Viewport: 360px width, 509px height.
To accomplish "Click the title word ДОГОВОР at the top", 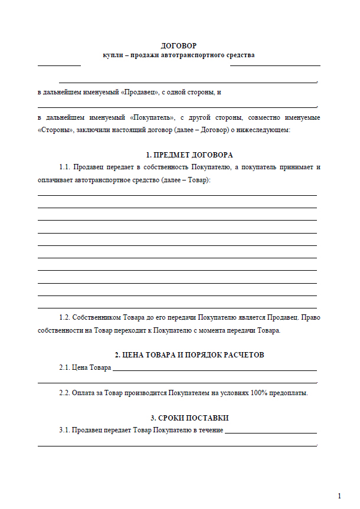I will tap(179, 45).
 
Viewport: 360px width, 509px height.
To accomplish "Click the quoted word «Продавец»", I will tap(140, 93).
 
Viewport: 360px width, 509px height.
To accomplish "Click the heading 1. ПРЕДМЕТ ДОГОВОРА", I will tap(189, 155).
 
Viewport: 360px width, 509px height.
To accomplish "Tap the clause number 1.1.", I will tap(65, 168).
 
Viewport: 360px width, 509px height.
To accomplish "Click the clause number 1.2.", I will tap(65, 318).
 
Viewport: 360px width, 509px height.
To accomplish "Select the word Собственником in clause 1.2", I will tap(98, 318).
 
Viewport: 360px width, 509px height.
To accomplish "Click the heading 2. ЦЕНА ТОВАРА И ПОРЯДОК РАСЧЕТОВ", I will tap(189, 355).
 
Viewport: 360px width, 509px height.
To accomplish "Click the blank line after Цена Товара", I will tap(214, 370).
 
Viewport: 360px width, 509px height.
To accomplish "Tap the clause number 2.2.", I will tap(65, 392).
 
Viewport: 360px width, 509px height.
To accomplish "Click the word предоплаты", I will tap(289, 392).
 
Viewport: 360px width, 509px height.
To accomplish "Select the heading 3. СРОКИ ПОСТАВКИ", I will tap(189, 418).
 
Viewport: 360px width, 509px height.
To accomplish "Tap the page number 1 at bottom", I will tap(339, 495).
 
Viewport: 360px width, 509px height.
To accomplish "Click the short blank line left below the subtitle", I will tap(59, 65).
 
